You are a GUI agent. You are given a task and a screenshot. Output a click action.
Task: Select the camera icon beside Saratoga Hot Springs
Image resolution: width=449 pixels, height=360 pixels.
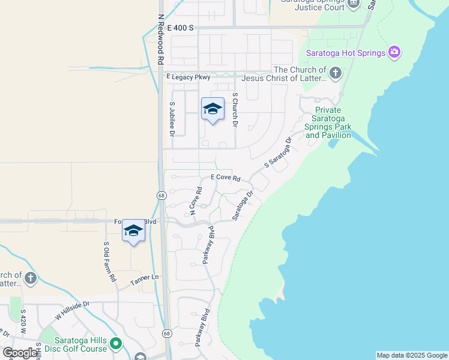point(394,52)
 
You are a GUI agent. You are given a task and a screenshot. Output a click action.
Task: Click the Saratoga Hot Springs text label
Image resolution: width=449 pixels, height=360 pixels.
point(345,53)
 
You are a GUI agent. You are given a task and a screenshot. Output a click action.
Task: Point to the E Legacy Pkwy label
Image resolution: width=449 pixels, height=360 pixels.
point(188,77)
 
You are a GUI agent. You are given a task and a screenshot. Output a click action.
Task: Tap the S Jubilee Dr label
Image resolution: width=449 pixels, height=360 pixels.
point(172,119)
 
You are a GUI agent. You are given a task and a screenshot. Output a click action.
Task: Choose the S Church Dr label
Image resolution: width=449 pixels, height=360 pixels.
point(235,110)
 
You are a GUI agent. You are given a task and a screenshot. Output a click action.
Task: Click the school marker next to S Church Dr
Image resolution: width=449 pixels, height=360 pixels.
point(212,109)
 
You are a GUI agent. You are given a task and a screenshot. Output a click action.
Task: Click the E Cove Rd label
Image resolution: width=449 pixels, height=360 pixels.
point(226,178)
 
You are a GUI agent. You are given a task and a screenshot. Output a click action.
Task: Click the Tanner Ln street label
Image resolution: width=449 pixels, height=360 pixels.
point(145,277)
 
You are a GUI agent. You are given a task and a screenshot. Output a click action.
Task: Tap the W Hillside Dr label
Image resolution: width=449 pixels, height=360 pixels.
point(72,310)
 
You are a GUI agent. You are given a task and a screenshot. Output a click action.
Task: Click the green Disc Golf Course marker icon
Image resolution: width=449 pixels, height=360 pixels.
point(115,344)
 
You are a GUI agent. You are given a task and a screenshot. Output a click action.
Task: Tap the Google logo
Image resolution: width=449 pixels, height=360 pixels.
point(20,353)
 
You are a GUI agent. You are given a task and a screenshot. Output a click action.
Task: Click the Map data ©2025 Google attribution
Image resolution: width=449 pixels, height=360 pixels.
point(411,355)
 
